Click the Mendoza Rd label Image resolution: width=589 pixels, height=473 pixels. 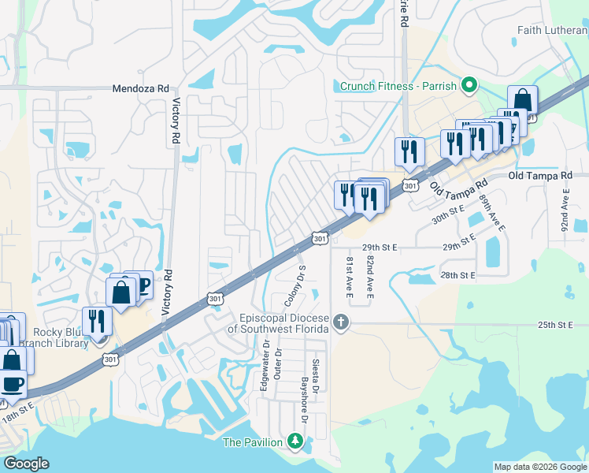pos(141,89)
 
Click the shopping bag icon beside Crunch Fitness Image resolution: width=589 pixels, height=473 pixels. pos(522,100)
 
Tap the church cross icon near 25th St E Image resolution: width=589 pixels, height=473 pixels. pos(340,321)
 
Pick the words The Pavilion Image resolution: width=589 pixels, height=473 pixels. pos(252,442)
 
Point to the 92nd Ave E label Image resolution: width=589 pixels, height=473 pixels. pos(565,209)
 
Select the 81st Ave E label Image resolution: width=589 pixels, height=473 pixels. pos(350,276)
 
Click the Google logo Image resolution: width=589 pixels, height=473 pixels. pos(26,464)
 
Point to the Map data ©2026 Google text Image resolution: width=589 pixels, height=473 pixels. pos(540,467)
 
